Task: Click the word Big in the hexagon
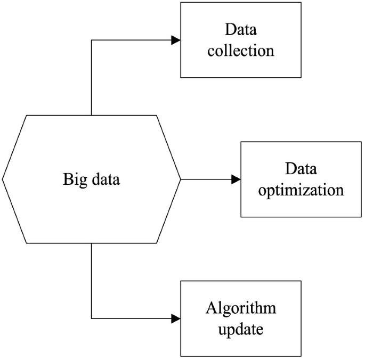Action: point(73,179)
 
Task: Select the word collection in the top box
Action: point(241,51)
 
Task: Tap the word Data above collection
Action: point(241,29)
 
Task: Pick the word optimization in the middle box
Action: point(301,190)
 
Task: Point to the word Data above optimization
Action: point(301,169)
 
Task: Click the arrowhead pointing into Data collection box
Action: point(175,40)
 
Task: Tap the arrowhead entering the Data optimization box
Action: point(236,179)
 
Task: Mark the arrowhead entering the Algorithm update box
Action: point(175,319)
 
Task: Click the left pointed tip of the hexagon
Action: point(3,179)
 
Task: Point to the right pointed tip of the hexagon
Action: point(181,179)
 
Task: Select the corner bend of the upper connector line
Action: point(92,40)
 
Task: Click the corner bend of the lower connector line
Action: point(92,319)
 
